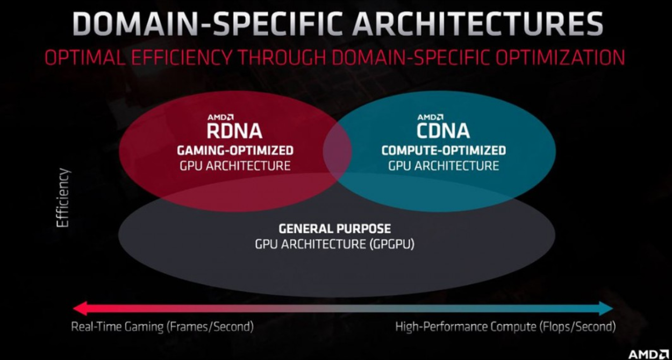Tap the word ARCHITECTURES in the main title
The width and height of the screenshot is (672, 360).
click(477, 24)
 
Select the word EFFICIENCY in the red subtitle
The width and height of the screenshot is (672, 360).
click(182, 57)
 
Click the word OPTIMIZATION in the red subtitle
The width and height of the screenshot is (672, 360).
click(560, 57)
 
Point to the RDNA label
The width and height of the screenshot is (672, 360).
click(234, 131)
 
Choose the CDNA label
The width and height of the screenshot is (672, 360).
click(443, 131)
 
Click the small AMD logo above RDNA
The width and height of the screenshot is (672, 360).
click(220, 117)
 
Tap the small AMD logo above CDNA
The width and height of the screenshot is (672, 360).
click(430, 117)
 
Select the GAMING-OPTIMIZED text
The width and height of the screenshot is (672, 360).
click(235, 150)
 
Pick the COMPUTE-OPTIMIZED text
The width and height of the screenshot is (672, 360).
click(444, 150)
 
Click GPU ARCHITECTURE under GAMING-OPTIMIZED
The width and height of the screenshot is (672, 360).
click(235, 166)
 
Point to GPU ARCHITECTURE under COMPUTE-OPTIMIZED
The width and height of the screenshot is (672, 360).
click(444, 166)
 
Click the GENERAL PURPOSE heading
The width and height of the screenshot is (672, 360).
click(335, 229)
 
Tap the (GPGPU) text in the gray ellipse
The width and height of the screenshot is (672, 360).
click(391, 244)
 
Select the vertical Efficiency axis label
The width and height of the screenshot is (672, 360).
click(63, 198)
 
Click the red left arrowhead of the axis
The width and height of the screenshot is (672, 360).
click(80, 308)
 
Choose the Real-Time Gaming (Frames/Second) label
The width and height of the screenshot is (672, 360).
click(162, 327)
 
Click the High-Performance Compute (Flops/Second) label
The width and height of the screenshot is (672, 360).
click(505, 327)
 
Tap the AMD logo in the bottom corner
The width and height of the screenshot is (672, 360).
click(648, 354)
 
